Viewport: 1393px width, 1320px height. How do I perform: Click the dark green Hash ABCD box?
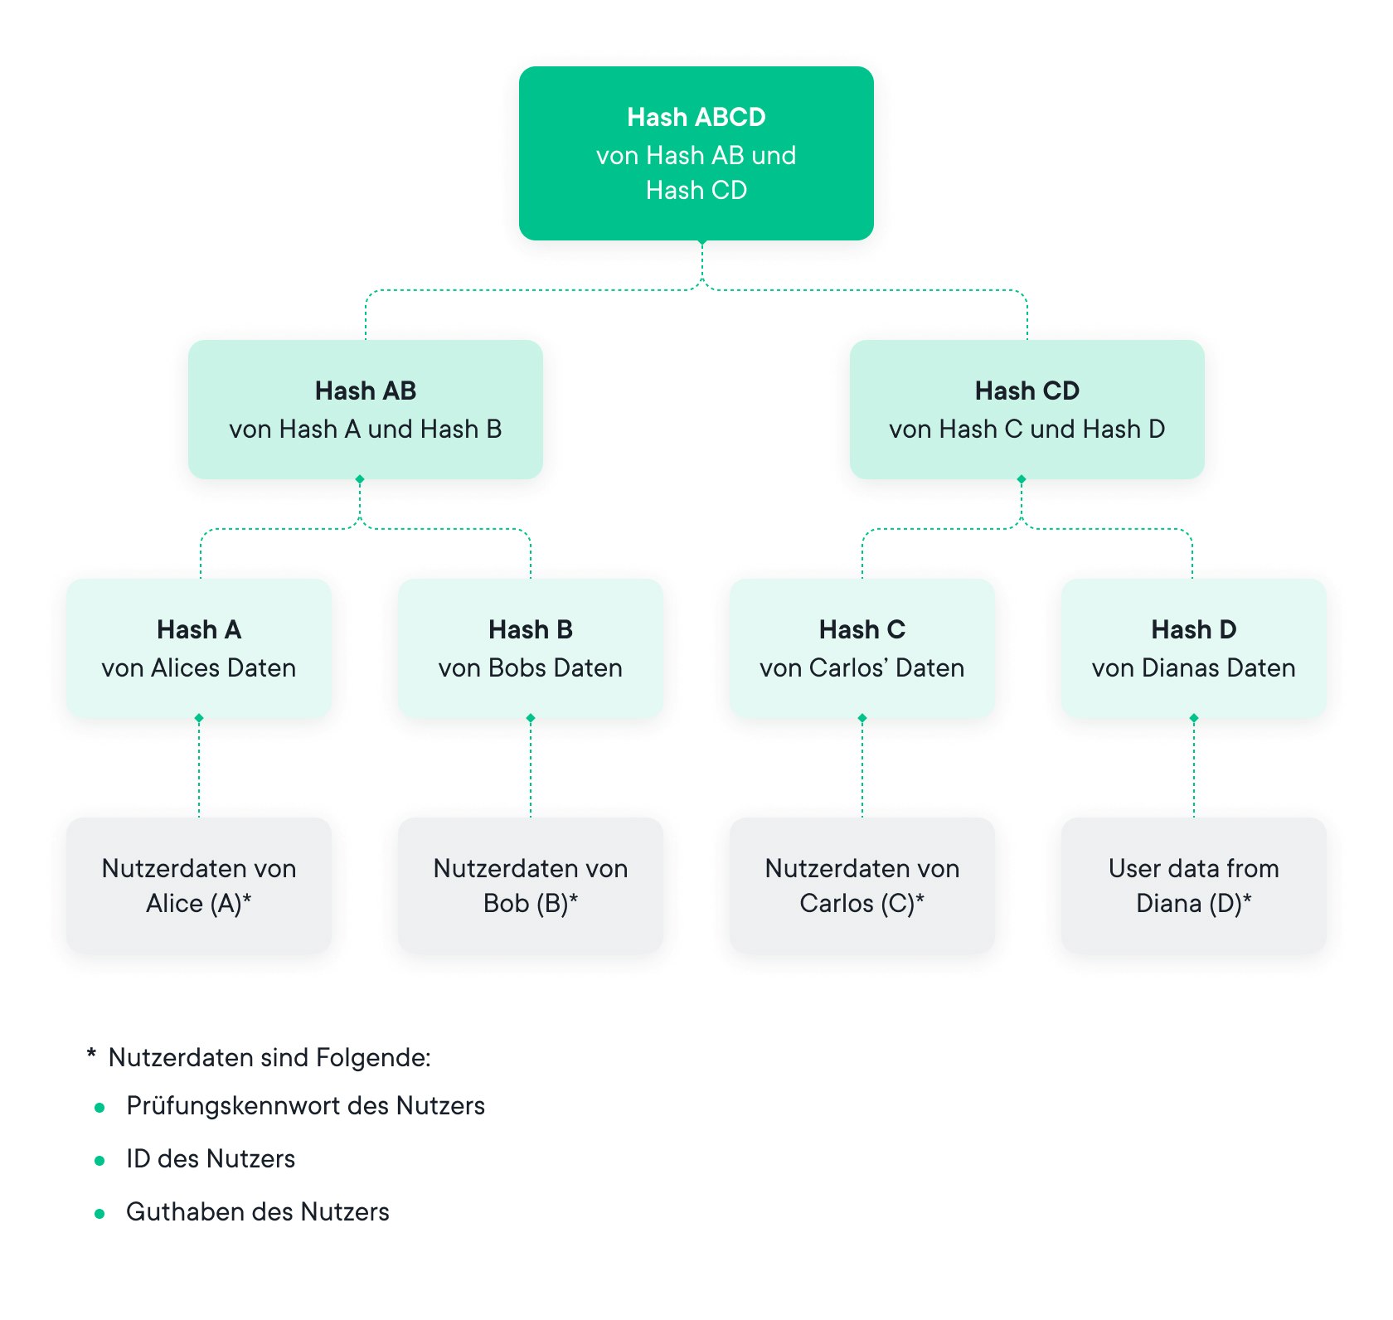(x=696, y=153)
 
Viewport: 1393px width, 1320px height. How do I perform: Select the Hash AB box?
(x=365, y=410)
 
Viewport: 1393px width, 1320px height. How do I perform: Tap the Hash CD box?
(x=1027, y=410)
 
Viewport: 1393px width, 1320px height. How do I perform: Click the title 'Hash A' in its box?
(x=199, y=629)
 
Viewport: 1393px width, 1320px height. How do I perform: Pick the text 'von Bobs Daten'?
(x=530, y=668)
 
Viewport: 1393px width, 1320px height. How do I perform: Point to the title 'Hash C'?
(x=862, y=629)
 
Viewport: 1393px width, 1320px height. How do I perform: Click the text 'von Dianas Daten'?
(x=1193, y=668)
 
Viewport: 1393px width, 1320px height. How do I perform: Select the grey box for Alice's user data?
(x=199, y=886)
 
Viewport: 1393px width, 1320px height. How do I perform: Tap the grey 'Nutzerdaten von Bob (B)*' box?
(x=530, y=886)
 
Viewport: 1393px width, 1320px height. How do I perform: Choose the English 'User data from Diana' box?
(x=1193, y=886)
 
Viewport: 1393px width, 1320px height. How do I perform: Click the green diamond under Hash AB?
(x=360, y=479)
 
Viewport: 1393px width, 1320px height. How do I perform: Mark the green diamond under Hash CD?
(x=1022, y=479)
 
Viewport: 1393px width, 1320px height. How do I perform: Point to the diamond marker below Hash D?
(x=1194, y=718)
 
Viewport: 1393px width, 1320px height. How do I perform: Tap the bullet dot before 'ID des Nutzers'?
(x=99, y=1161)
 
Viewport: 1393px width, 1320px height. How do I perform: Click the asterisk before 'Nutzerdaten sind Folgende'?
(x=91, y=1054)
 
